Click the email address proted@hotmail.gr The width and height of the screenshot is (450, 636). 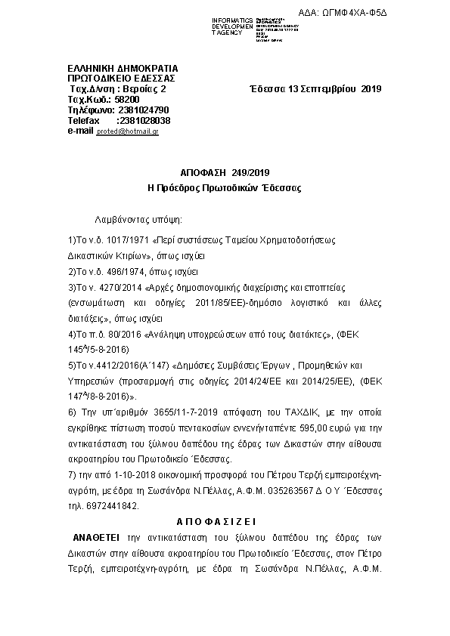point(128,131)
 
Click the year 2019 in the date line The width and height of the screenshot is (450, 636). point(371,89)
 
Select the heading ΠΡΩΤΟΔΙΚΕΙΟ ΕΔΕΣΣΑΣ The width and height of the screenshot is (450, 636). point(121,78)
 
